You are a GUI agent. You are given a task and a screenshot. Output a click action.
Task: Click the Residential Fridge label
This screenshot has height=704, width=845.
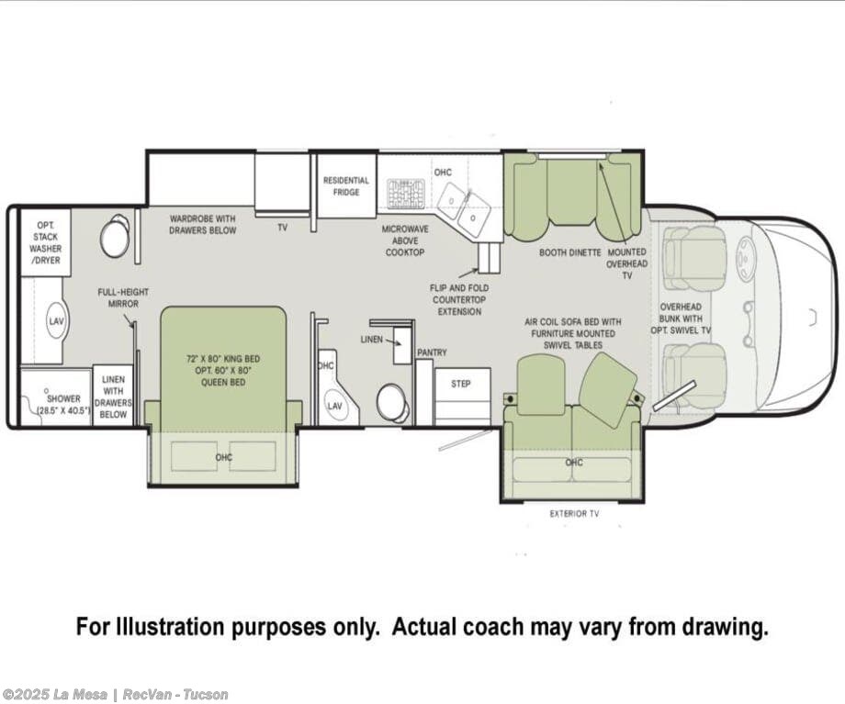tap(346, 185)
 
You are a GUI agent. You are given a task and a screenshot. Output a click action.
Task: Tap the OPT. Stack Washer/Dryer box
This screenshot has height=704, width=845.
tap(45, 242)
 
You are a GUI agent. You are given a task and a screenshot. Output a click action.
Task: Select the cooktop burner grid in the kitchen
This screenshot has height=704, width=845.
tap(406, 194)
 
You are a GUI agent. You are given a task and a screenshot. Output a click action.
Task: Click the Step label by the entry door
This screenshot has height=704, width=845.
tap(461, 384)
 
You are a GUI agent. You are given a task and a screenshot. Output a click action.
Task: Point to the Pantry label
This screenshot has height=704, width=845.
tap(433, 352)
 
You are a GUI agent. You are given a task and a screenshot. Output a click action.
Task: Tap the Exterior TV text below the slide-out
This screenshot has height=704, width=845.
tap(574, 514)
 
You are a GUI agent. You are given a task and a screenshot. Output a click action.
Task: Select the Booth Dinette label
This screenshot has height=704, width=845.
tap(570, 252)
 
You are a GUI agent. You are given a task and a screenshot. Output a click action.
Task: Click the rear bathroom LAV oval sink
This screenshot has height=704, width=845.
tap(56, 321)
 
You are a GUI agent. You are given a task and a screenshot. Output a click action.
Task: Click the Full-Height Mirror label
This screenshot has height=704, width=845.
tap(123, 298)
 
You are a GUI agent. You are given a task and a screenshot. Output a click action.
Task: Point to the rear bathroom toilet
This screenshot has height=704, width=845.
tap(116, 236)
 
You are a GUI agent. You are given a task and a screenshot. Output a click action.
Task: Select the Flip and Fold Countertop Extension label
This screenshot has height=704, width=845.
tap(459, 300)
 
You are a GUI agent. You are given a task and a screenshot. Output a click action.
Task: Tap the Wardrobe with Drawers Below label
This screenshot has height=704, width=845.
tap(203, 225)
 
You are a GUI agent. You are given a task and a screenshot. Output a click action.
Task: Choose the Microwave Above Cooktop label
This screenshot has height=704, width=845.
tap(405, 240)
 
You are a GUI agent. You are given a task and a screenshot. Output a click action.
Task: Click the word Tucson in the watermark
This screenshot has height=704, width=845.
tap(206, 695)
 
